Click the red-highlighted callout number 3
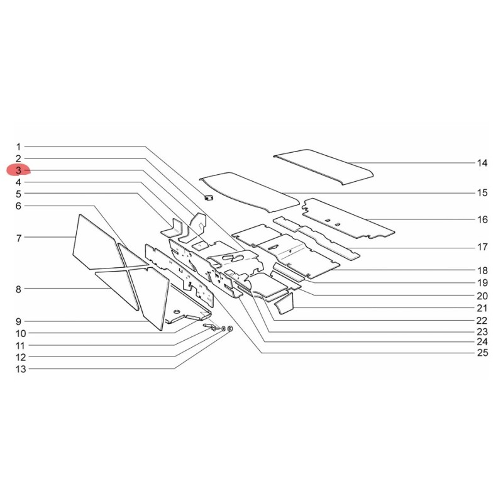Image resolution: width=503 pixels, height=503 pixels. [x=18, y=170]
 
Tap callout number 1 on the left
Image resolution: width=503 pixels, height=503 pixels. [x=18, y=147]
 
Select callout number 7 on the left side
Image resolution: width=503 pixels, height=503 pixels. [x=19, y=238]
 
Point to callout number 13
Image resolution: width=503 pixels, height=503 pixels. [x=21, y=369]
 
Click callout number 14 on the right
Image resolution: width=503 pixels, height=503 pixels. [x=482, y=163]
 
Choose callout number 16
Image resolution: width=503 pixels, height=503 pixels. [x=482, y=219]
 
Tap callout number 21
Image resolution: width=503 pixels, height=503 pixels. [x=482, y=308]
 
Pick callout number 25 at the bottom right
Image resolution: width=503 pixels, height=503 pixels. [x=482, y=353]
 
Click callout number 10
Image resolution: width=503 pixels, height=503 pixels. [x=21, y=333]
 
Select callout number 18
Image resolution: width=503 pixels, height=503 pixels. [x=482, y=270]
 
